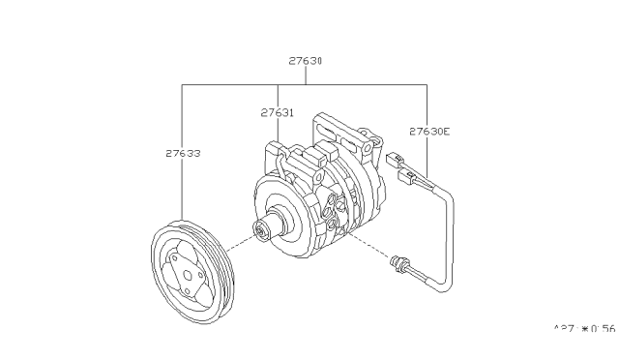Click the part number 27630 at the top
(305, 60)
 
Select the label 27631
(278, 112)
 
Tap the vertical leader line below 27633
(183, 194)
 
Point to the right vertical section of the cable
(449, 242)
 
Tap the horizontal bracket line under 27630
(305, 84)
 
